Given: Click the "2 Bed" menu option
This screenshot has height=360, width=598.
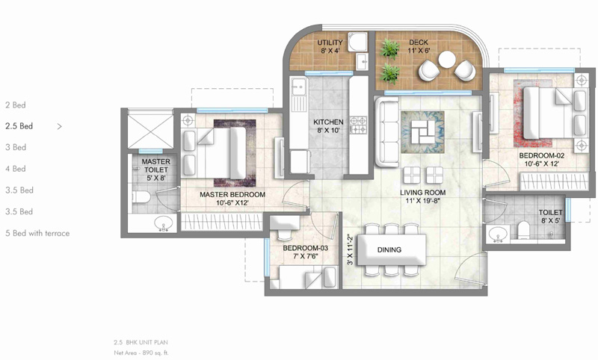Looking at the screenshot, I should click(15, 105).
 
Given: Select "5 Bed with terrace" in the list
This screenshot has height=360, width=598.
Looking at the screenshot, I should click(37, 234).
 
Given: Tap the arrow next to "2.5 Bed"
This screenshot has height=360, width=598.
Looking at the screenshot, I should click(60, 127).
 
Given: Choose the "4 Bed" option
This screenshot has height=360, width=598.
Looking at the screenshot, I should click(15, 170).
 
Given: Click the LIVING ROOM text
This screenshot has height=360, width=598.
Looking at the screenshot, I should click(422, 196).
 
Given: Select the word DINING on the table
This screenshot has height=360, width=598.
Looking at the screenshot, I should click(389, 249).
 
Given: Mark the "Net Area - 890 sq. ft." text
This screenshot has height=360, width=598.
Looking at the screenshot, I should click(141, 351).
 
